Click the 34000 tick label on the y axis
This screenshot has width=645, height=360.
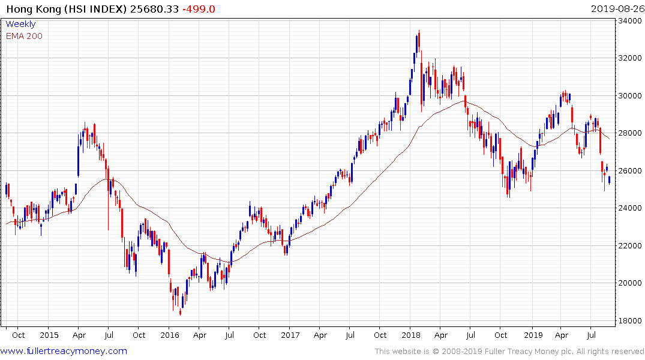pos(629,21)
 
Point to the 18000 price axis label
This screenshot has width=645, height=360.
pos(629,320)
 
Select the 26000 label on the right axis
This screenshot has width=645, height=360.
pos(629,170)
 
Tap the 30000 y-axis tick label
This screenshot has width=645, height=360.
pos(629,96)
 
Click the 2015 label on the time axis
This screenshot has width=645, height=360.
pos(49,335)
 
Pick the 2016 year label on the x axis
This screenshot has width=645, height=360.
pos(170,335)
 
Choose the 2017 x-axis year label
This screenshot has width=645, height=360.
pos(290,335)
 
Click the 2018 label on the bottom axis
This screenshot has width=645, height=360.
pos(411,335)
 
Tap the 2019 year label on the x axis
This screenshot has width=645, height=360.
pos(533,335)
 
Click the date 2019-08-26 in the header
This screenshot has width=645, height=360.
pos(616,8)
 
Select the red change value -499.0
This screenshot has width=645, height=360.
pos(200,8)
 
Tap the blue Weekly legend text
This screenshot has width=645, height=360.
pos(20,25)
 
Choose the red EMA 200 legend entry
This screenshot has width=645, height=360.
pos(24,36)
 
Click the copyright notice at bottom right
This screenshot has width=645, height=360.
pos(509,351)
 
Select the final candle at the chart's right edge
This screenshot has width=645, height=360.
pos(610,179)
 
